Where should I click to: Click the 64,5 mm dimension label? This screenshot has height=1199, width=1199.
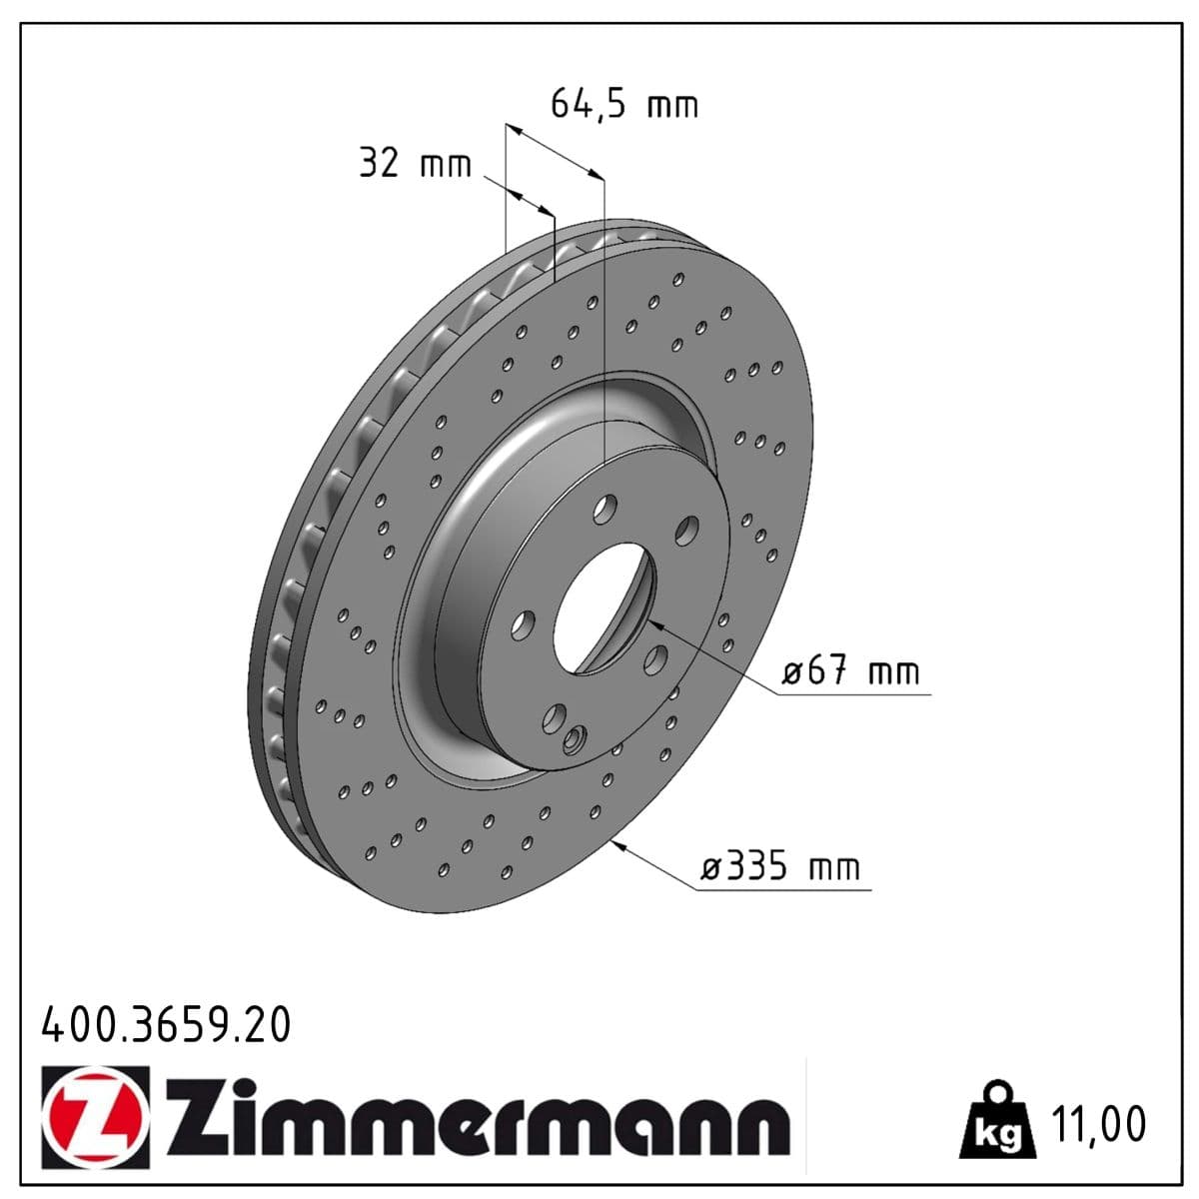coord(623,104)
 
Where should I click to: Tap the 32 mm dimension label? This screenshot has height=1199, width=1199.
coord(415,163)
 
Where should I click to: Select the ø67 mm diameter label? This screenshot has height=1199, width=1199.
coord(849,671)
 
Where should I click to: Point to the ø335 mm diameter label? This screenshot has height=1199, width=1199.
coord(779,866)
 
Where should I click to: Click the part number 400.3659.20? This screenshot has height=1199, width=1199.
coord(166,1025)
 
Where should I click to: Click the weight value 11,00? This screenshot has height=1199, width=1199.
coord(1098,1124)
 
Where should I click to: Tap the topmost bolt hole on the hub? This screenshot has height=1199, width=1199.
coord(602,512)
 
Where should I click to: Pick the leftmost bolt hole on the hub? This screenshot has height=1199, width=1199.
coord(520,625)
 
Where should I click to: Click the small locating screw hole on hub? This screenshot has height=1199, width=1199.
coord(572,740)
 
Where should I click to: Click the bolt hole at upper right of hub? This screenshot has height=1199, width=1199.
coord(685,530)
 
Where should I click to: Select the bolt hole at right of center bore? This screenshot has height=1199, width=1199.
coord(656,658)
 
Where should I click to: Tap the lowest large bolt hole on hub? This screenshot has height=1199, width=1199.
coord(553,719)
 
